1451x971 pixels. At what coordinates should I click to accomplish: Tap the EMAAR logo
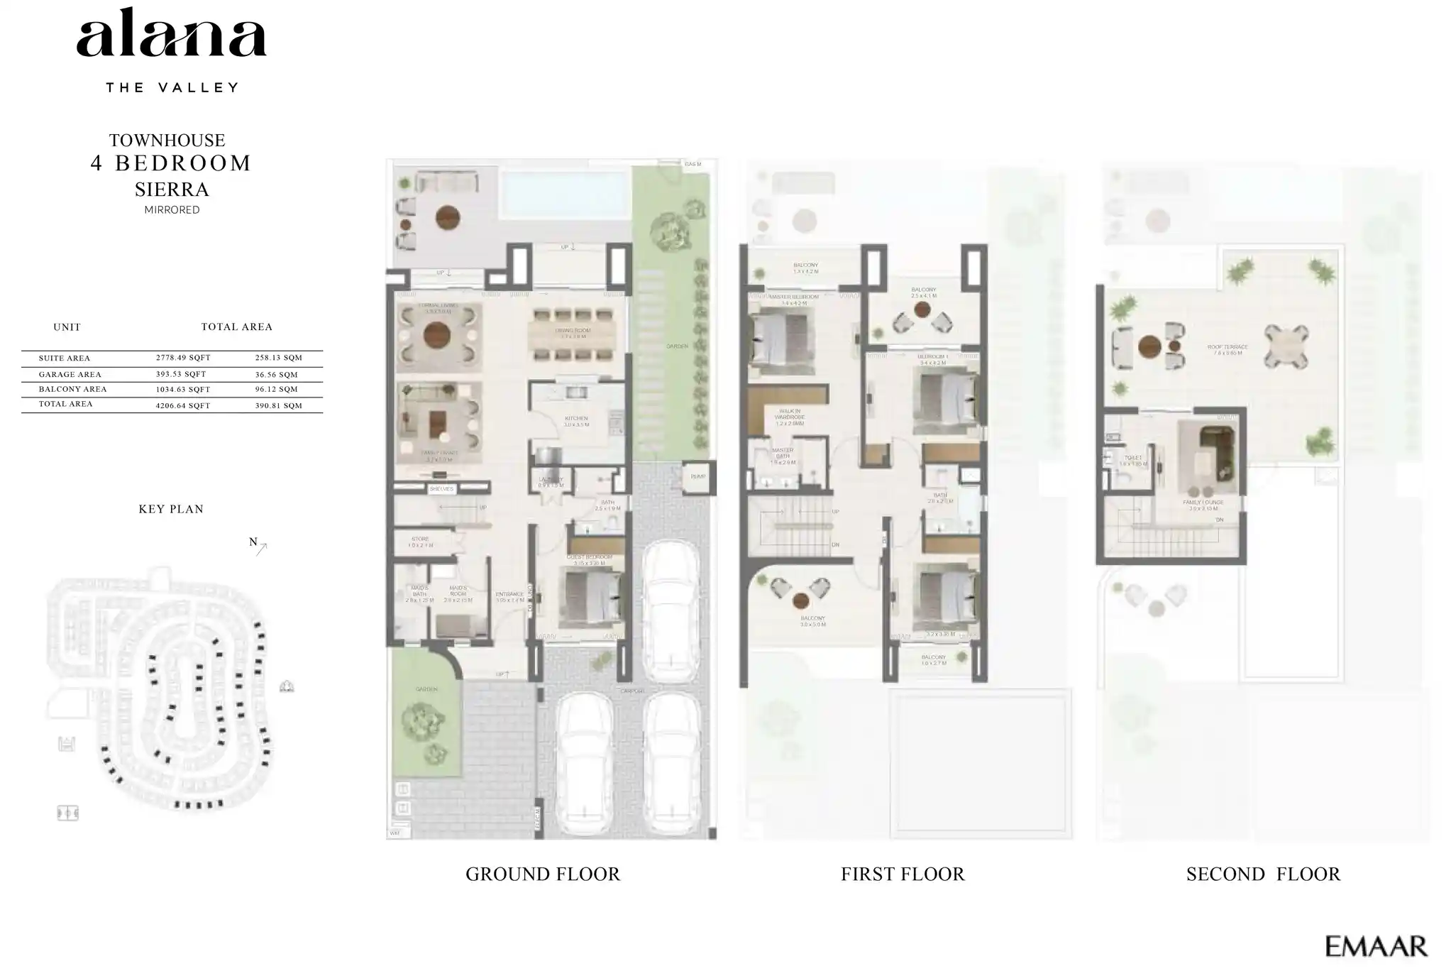1376,946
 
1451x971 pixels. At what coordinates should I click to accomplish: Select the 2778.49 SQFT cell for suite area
183,358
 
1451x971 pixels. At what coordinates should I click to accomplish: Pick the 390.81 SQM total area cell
278,406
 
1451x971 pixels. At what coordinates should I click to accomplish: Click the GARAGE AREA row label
70,375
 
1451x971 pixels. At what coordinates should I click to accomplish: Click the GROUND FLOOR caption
543,874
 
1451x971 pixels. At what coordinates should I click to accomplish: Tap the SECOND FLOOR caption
1263,874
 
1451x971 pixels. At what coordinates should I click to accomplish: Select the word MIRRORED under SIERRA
172,210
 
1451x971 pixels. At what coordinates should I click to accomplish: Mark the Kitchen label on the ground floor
576,419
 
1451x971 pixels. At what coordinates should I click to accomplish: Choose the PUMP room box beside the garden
698,476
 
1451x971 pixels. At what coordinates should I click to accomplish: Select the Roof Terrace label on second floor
1227,349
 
